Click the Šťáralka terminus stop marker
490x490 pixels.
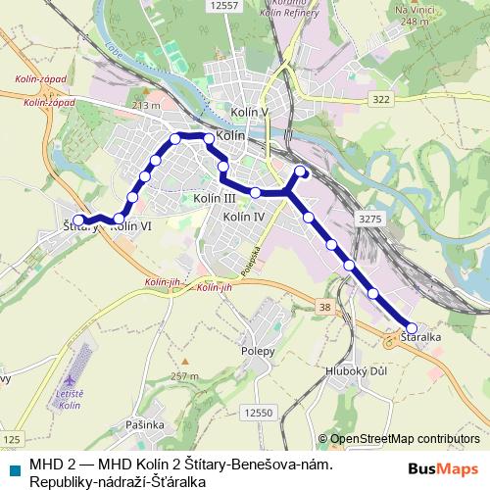pos(412,328)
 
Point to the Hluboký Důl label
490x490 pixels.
pos(354,371)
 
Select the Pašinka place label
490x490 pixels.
pos(144,424)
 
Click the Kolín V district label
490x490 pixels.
pos(251,113)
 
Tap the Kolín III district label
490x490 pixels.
pos(214,198)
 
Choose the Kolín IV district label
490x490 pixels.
pos(244,216)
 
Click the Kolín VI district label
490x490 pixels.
pos(130,225)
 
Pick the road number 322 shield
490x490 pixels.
pos(381,100)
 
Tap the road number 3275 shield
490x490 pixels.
pos(370,219)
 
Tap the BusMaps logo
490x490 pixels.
pos(451,467)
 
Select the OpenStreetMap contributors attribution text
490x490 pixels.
pos(405,439)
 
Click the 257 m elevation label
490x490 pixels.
pos(184,376)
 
